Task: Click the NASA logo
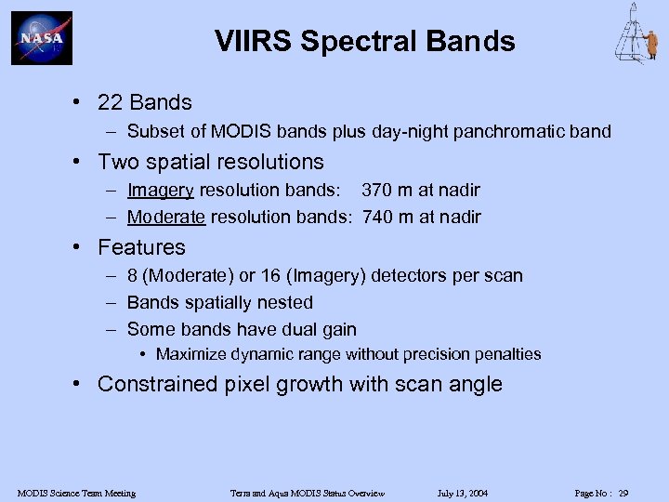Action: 41,38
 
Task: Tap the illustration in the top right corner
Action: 636,34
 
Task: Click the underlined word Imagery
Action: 160,191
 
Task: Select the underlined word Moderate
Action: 166,218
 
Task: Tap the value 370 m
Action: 388,191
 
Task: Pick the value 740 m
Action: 388,218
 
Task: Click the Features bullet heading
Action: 141,247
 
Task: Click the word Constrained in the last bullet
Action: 154,385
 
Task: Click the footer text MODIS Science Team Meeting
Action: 76,493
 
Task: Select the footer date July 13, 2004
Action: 462,493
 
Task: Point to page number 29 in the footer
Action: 623,493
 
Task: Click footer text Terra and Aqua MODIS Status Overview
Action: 308,493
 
